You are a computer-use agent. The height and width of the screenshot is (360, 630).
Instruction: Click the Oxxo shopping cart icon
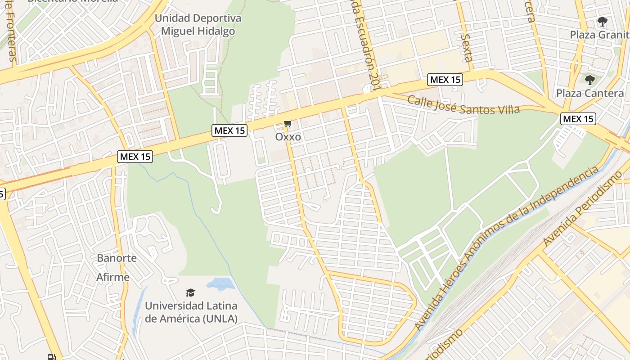click(x=288, y=123)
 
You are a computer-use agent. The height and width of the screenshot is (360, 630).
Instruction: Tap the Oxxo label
click(x=288, y=136)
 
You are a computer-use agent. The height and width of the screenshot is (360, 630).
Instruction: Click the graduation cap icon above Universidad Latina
click(x=191, y=292)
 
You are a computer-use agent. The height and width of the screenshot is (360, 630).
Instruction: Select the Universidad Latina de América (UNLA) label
click(x=191, y=312)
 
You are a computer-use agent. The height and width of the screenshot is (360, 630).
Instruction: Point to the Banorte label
click(x=117, y=258)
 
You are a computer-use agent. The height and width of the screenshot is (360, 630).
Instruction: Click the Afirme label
click(x=113, y=277)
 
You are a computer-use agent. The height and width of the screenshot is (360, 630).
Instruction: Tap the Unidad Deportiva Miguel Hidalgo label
click(x=198, y=25)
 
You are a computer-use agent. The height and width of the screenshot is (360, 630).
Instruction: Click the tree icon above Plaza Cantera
click(x=589, y=80)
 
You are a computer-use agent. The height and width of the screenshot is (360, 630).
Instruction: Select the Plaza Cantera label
click(x=589, y=93)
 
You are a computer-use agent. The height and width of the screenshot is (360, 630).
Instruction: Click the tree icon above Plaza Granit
click(x=602, y=21)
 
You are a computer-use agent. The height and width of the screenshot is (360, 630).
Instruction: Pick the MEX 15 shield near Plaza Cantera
click(x=578, y=119)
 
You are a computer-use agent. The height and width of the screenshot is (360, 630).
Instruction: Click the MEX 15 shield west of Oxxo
click(x=229, y=130)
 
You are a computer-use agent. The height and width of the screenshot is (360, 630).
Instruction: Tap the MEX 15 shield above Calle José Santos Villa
click(x=445, y=80)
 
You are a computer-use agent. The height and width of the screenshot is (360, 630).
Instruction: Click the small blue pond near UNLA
click(x=220, y=283)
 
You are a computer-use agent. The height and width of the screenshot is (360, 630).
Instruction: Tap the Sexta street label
click(x=468, y=47)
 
